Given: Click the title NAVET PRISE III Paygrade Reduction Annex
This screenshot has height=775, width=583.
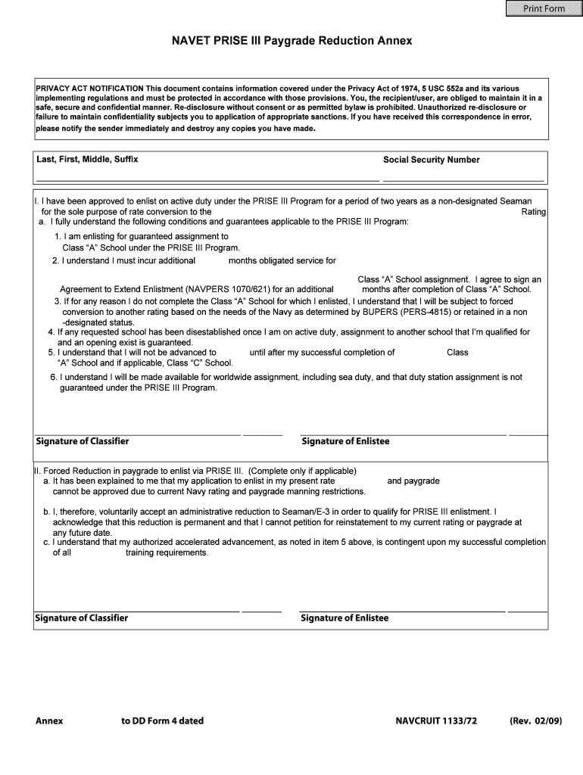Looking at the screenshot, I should pos(291,41).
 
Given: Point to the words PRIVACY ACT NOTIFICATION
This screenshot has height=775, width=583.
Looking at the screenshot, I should pos(90,89).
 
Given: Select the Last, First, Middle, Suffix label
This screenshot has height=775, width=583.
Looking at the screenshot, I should pos(87,160).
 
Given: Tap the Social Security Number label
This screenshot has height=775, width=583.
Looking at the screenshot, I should pos(431,160).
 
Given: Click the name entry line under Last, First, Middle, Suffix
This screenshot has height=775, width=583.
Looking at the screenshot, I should pos(207,179).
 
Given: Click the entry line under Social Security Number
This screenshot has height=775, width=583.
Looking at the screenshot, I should pos(463,179).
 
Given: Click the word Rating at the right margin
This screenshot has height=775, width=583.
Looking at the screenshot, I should pos(533,212).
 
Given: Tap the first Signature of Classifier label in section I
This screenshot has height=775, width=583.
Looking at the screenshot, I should pos(83,441).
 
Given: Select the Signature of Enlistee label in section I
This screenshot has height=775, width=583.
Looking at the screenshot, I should pos(345,441).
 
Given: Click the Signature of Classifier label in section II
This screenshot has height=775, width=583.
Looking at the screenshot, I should pos(82,618).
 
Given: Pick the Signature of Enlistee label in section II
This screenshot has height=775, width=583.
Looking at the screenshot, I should pos(344,618).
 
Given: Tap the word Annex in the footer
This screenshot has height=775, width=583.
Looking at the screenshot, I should pos(49,721).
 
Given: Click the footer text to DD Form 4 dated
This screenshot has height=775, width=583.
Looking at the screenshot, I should pos(162,721).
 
